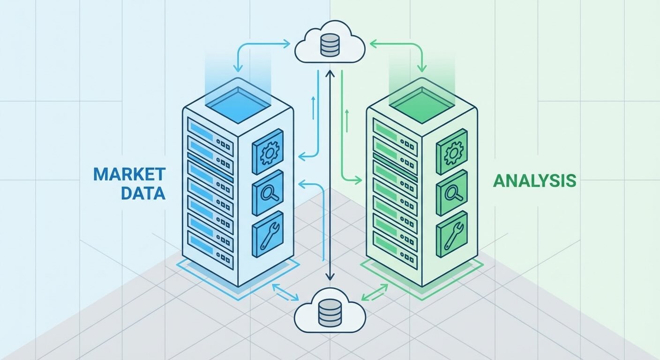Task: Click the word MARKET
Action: point(129,174)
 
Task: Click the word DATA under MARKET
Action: point(143,193)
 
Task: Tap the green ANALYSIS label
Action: point(534,181)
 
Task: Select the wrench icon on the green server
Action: point(452,236)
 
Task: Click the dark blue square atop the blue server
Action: point(238,100)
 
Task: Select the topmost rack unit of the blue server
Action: point(210,129)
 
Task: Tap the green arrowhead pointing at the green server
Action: point(359,179)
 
